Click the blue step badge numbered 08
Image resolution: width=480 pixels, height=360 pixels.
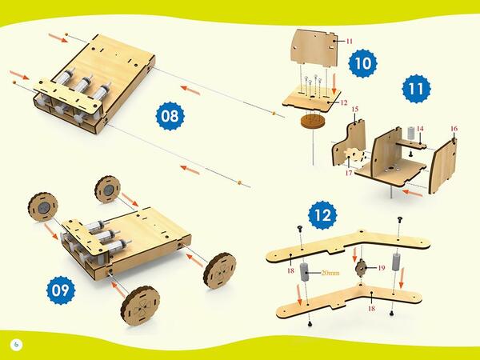point(170,116)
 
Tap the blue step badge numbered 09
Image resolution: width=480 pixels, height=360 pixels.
point(61,290)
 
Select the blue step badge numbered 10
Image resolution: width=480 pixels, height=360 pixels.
point(362,63)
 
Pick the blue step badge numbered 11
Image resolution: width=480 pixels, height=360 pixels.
point(416,89)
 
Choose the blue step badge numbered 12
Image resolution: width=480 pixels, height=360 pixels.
point(322,215)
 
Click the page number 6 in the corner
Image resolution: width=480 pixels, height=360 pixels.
point(17,345)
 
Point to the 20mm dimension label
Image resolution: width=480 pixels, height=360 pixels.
point(330,273)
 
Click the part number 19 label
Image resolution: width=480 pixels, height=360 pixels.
point(381,268)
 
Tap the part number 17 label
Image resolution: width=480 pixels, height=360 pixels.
point(349,173)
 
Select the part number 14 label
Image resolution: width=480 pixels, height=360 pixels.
point(420,129)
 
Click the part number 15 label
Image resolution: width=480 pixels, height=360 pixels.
point(354,110)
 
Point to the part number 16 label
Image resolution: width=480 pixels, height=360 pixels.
point(454,129)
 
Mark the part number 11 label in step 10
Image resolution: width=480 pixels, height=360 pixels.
point(350,42)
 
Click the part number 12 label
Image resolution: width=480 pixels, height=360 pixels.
point(344,102)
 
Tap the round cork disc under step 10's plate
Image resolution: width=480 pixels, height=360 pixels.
point(313,121)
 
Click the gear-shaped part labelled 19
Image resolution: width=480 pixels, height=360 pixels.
point(362,267)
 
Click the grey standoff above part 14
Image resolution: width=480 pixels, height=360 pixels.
point(411,133)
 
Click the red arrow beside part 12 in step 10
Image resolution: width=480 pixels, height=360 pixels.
point(334,85)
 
